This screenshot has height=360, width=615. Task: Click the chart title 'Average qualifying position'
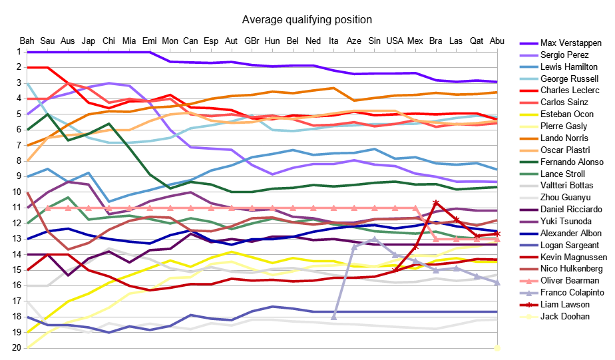pyautogui.click(x=307, y=20)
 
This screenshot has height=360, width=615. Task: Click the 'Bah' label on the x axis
pyautogui.click(x=27, y=41)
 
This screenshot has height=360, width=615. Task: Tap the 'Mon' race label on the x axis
pyautogui.click(x=170, y=41)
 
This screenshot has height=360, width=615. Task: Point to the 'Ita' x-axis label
pyautogui.click(x=333, y=41)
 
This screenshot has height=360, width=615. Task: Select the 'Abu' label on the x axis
pyautogui.click(x=497, y=41)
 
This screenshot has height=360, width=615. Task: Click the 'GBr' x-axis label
pyautogui.click(x=252, y=41)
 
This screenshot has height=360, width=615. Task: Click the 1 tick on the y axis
pyautogui.click(x=13, y=52)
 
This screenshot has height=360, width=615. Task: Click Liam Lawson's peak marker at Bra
pyautogui.click(x=436, y=202)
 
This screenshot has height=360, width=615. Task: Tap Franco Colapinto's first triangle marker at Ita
pyautogui.click(x=333, y=317)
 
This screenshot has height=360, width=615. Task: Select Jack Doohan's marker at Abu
pyautogui.click(x=497, y=347)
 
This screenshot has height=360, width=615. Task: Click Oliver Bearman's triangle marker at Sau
pyautogui.click(x=48, y=208)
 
